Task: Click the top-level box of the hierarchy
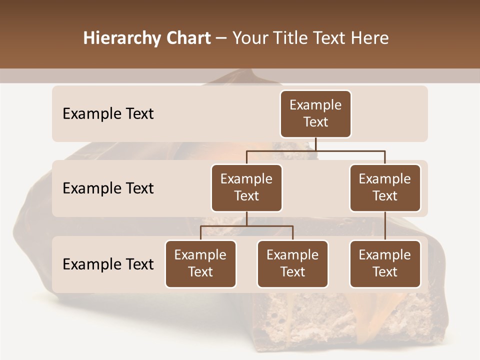[x=315, y=113]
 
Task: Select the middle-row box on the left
[x=246, y=187]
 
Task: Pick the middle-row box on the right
[x=385, y=187]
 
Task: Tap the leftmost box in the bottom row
[x=200, y=263]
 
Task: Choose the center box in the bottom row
[x=292, y=263]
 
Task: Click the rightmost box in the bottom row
[x=385, y=263]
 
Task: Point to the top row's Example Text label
[x=108, y=113]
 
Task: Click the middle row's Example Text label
[x=108, y=188]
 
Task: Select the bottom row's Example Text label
[x=108, y=264]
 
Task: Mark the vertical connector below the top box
[x=315, y=144]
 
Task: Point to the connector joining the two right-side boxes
[x=385, y=226]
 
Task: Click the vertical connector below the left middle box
[x=246, y=218]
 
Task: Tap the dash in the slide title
[x=221, y=38]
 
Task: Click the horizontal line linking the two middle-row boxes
[x=315, y=150]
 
